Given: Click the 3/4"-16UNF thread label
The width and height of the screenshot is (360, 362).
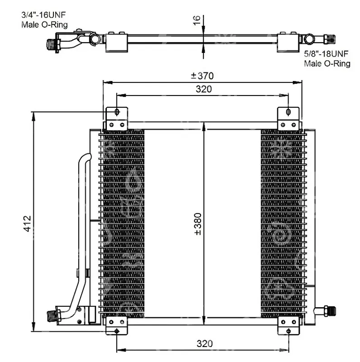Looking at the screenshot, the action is [x=43, y=15].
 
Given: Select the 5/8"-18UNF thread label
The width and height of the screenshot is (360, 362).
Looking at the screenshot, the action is [x=326, y=54].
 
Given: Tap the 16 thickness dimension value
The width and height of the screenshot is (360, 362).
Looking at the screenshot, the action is [x=197, y=20].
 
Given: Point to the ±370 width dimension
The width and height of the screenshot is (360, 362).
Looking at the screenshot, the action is [x=202, y=76].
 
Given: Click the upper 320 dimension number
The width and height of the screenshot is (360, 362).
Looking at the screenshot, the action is [x=204, y=89].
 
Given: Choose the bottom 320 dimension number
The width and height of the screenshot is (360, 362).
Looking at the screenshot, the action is [x=205, y=344].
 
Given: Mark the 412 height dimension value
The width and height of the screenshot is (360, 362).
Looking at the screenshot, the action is [x=27, y=224].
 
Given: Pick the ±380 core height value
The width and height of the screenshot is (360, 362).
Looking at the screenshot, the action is [x=198, y=224].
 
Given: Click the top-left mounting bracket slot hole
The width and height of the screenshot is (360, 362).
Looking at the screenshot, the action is [x=117, y=112].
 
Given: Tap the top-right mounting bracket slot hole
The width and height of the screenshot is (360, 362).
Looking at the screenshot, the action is [x=288, y=112].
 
